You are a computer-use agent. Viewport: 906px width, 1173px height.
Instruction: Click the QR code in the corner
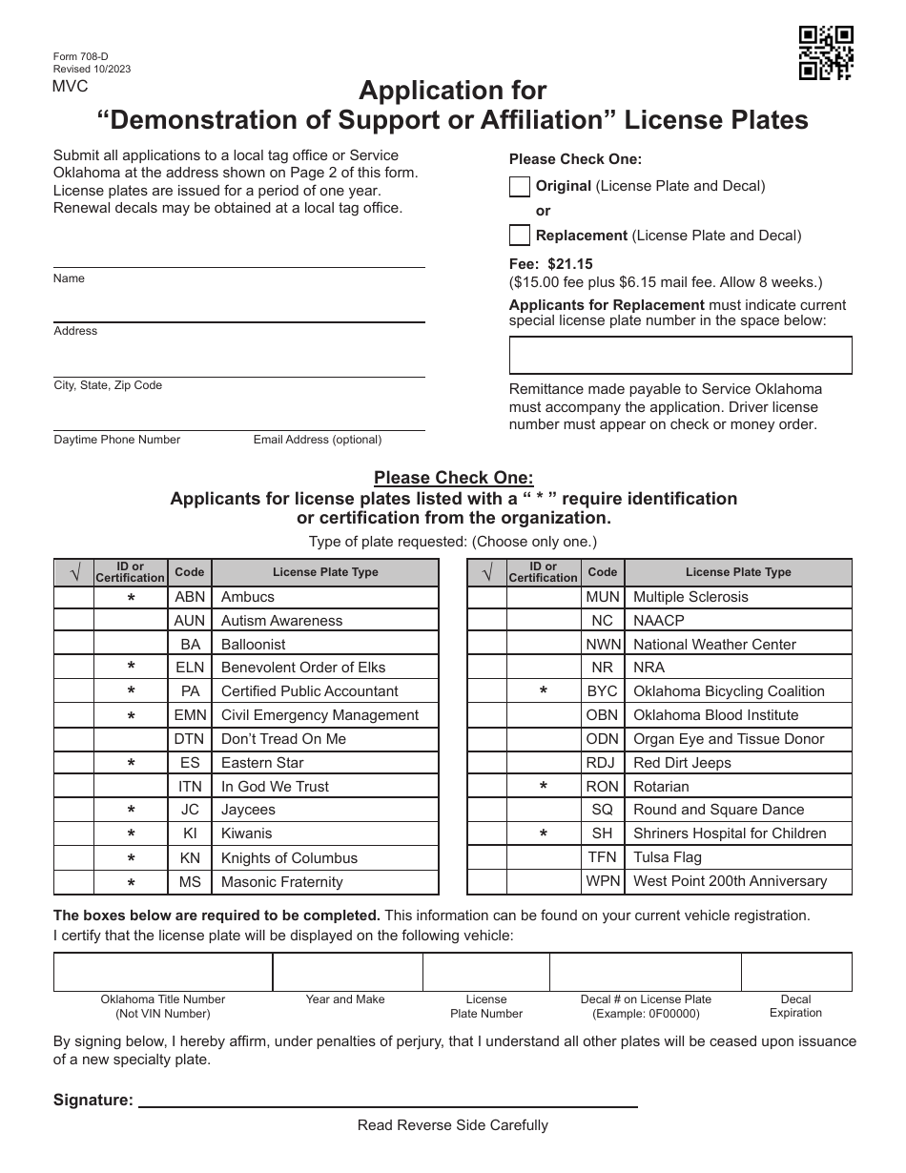tap(826, 53)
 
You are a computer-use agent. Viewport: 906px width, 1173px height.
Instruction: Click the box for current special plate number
tap(680, 355)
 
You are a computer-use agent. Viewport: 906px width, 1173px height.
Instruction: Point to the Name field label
tap(69, 278)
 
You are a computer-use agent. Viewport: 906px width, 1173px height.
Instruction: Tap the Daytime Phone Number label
tap(116, 440)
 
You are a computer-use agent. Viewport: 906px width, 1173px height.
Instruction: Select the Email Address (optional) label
tap(317, 440)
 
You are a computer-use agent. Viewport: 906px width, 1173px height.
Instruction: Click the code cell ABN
tap(190, 597)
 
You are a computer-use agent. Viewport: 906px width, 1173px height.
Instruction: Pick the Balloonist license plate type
tap(253, 645)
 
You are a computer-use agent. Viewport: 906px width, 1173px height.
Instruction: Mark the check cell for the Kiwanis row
tap(73, 834)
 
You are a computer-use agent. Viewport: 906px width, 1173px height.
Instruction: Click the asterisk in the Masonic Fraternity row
tap(131, 883)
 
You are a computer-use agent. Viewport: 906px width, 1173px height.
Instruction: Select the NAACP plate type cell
tap(658, 621)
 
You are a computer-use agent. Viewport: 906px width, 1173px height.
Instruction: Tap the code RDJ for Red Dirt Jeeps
tap(602, 763)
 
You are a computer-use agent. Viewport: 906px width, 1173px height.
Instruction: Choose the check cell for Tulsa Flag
tap(486, 857)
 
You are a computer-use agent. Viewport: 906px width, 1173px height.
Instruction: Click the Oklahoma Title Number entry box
tap(163, 972)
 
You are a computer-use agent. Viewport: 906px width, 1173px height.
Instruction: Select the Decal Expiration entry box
tap(795, 972)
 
